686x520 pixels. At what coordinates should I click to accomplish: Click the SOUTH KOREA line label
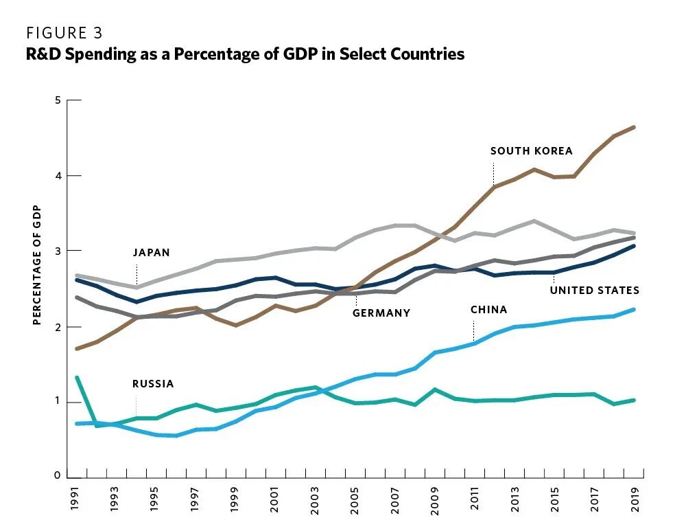pyautogui.click(x=531, y=151)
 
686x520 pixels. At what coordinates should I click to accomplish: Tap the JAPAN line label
pyautogui.click(x=152, y=253)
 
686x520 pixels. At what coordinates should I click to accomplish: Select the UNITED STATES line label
pyautogui.click(x=594, y=291)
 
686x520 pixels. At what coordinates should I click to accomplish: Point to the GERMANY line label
pyautogui.click(x=381, y=313)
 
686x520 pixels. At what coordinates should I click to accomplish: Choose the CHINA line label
pyautogui.click(x=488, y=310)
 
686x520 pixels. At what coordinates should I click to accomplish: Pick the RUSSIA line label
pyautogui.click(x=153, y=384)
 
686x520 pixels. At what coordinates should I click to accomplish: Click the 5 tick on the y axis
pyautogui.click(x=58, y=100)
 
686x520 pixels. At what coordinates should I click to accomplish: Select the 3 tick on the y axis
pyautogui.click(x=58, y=251)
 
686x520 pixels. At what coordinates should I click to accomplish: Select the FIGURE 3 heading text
pyautogui.click(x=64, y=33)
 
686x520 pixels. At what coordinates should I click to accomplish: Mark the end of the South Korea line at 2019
pyautogui.click(x=634, y=127)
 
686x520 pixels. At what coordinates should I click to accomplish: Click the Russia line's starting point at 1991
pyautogui.click(x=77, y=378)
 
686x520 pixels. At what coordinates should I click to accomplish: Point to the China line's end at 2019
pyautogui.click(x=634, y=310)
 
